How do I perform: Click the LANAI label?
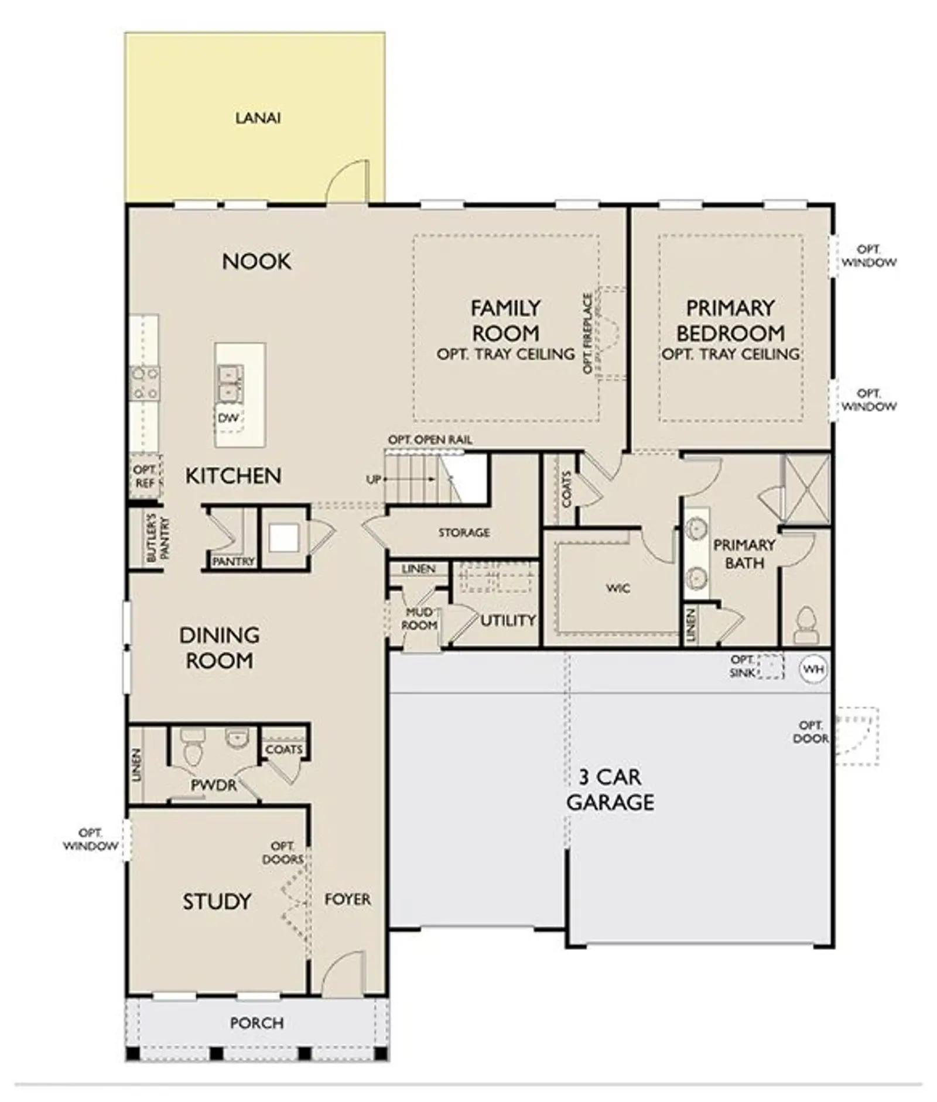point(258,118)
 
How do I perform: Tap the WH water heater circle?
point(813,669)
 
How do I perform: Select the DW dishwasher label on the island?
point(228,418)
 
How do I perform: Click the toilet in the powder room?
point(191,745)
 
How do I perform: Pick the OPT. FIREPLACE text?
point(588,333)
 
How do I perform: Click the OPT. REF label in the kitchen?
point(145,476)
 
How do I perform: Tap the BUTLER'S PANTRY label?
point(158,538)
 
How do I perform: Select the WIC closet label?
point(618,588)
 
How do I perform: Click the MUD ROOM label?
point(419,619)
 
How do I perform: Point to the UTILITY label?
point(508,620)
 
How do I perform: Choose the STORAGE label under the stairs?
point(464,533)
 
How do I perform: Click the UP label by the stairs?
point(373,479)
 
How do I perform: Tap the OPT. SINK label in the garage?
point(742,667)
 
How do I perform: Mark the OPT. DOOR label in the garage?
point(811,732)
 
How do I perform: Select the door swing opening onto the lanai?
point(347,181)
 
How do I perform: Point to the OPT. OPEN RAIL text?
point(430,440)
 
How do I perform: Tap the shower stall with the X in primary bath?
point(807,489)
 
